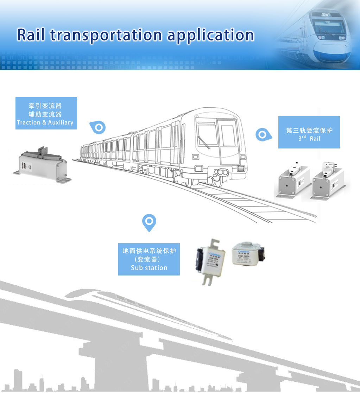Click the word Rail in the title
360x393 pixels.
pyautogui.click(x=31, y=35)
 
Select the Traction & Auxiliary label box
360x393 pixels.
pyautogui.click(x=46, y=113)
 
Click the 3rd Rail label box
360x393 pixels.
pyautogui.click(x=309, y=132)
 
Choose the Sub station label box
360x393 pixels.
pyautogui.click(x=149, y=259)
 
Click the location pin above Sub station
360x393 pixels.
pyautogui.click(x=149, y=222)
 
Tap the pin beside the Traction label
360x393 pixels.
pyautogui.click(x=98, y=127)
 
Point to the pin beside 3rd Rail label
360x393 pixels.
pyautogui.click(x=262, y=134)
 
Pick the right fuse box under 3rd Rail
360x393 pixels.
pyautogui.click(x=328, y=182)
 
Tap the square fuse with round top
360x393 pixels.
pyautogui.click(x=248, y=254)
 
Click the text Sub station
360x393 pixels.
pyautogui.click(x=149, y=268)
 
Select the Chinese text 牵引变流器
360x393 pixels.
pyautogui.click(x=45, y=106)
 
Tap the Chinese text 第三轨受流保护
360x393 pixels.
pyautogui.click(x=309, y=130)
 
